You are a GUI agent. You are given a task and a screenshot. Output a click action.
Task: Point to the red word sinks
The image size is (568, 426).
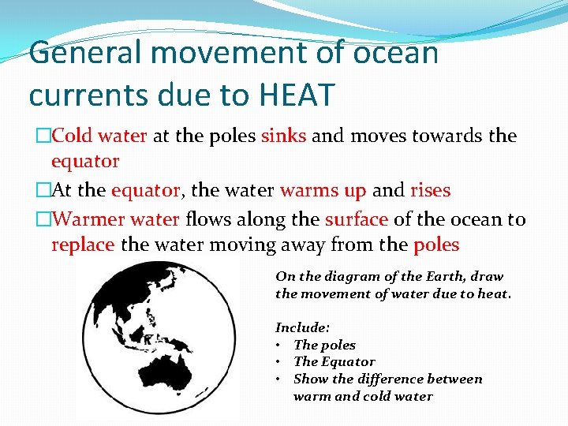pos(283,136)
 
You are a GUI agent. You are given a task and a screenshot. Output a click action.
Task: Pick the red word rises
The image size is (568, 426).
pos(431,190)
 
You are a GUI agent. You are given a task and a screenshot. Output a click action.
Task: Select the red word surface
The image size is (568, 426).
pos(356,219)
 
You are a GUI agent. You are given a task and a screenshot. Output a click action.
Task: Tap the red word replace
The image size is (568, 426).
pos(83,245)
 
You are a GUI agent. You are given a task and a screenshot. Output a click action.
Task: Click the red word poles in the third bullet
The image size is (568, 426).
pos(436,245)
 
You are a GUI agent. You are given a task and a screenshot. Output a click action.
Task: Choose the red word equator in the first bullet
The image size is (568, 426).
pos(85,162)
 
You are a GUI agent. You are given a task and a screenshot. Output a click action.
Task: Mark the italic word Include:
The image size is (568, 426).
pos(302,327)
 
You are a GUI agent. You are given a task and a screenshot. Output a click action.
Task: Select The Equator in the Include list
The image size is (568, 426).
pos(334,361)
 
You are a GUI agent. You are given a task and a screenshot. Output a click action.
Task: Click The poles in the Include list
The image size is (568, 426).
pos(324,345)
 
